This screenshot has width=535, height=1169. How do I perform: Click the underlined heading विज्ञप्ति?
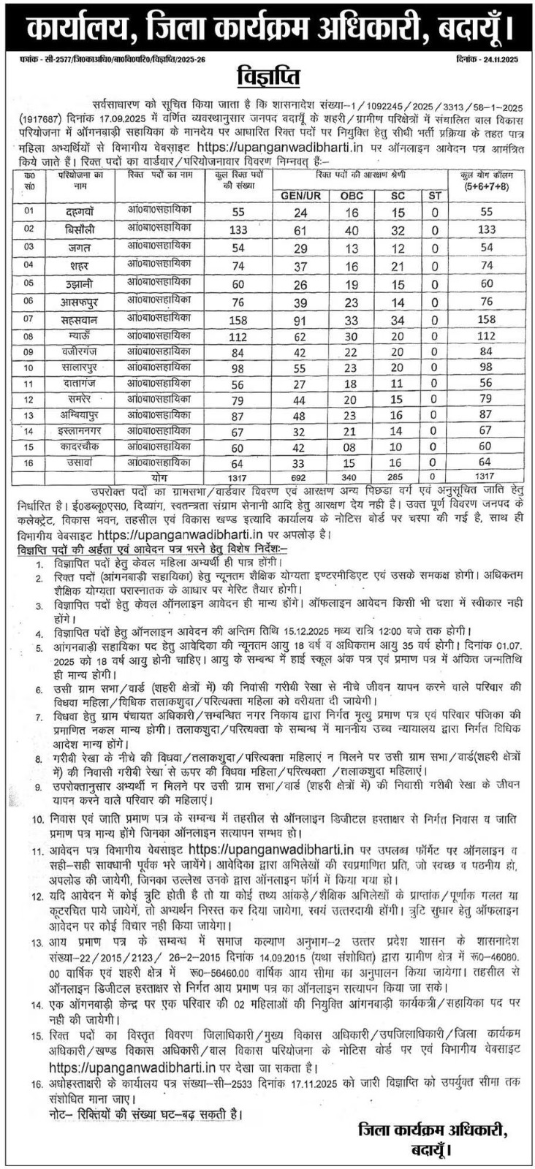tap(268, 76)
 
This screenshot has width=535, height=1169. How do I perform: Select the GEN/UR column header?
tap(301, 195)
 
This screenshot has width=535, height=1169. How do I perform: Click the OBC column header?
tap(352, 195)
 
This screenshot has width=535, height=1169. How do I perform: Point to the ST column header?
tap(435, 195)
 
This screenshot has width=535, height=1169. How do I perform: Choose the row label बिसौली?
tap(80, 229)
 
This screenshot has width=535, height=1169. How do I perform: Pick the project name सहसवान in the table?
tap(80, 319)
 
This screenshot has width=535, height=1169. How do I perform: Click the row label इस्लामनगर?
tap(80, 431)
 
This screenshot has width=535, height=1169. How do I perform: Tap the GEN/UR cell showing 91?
tap(301, 319)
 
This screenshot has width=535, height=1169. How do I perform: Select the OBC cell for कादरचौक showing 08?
tap(352, 446)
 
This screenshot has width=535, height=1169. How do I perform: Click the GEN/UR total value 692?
tap(301, 476)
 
